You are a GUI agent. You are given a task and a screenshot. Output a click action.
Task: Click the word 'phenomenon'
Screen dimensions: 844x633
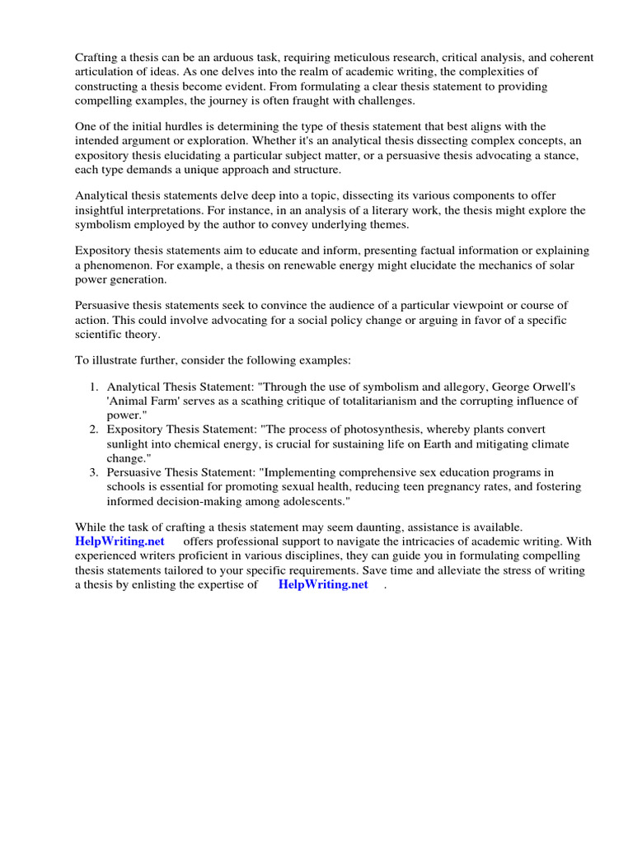pyautogui.click(x=117, y=265)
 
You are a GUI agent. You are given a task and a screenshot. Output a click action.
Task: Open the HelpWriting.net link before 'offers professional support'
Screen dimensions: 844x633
pyautogui.click(x=120, y=542)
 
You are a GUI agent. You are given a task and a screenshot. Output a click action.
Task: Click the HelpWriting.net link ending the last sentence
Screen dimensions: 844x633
pyautogui.click(x=323, y=584)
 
